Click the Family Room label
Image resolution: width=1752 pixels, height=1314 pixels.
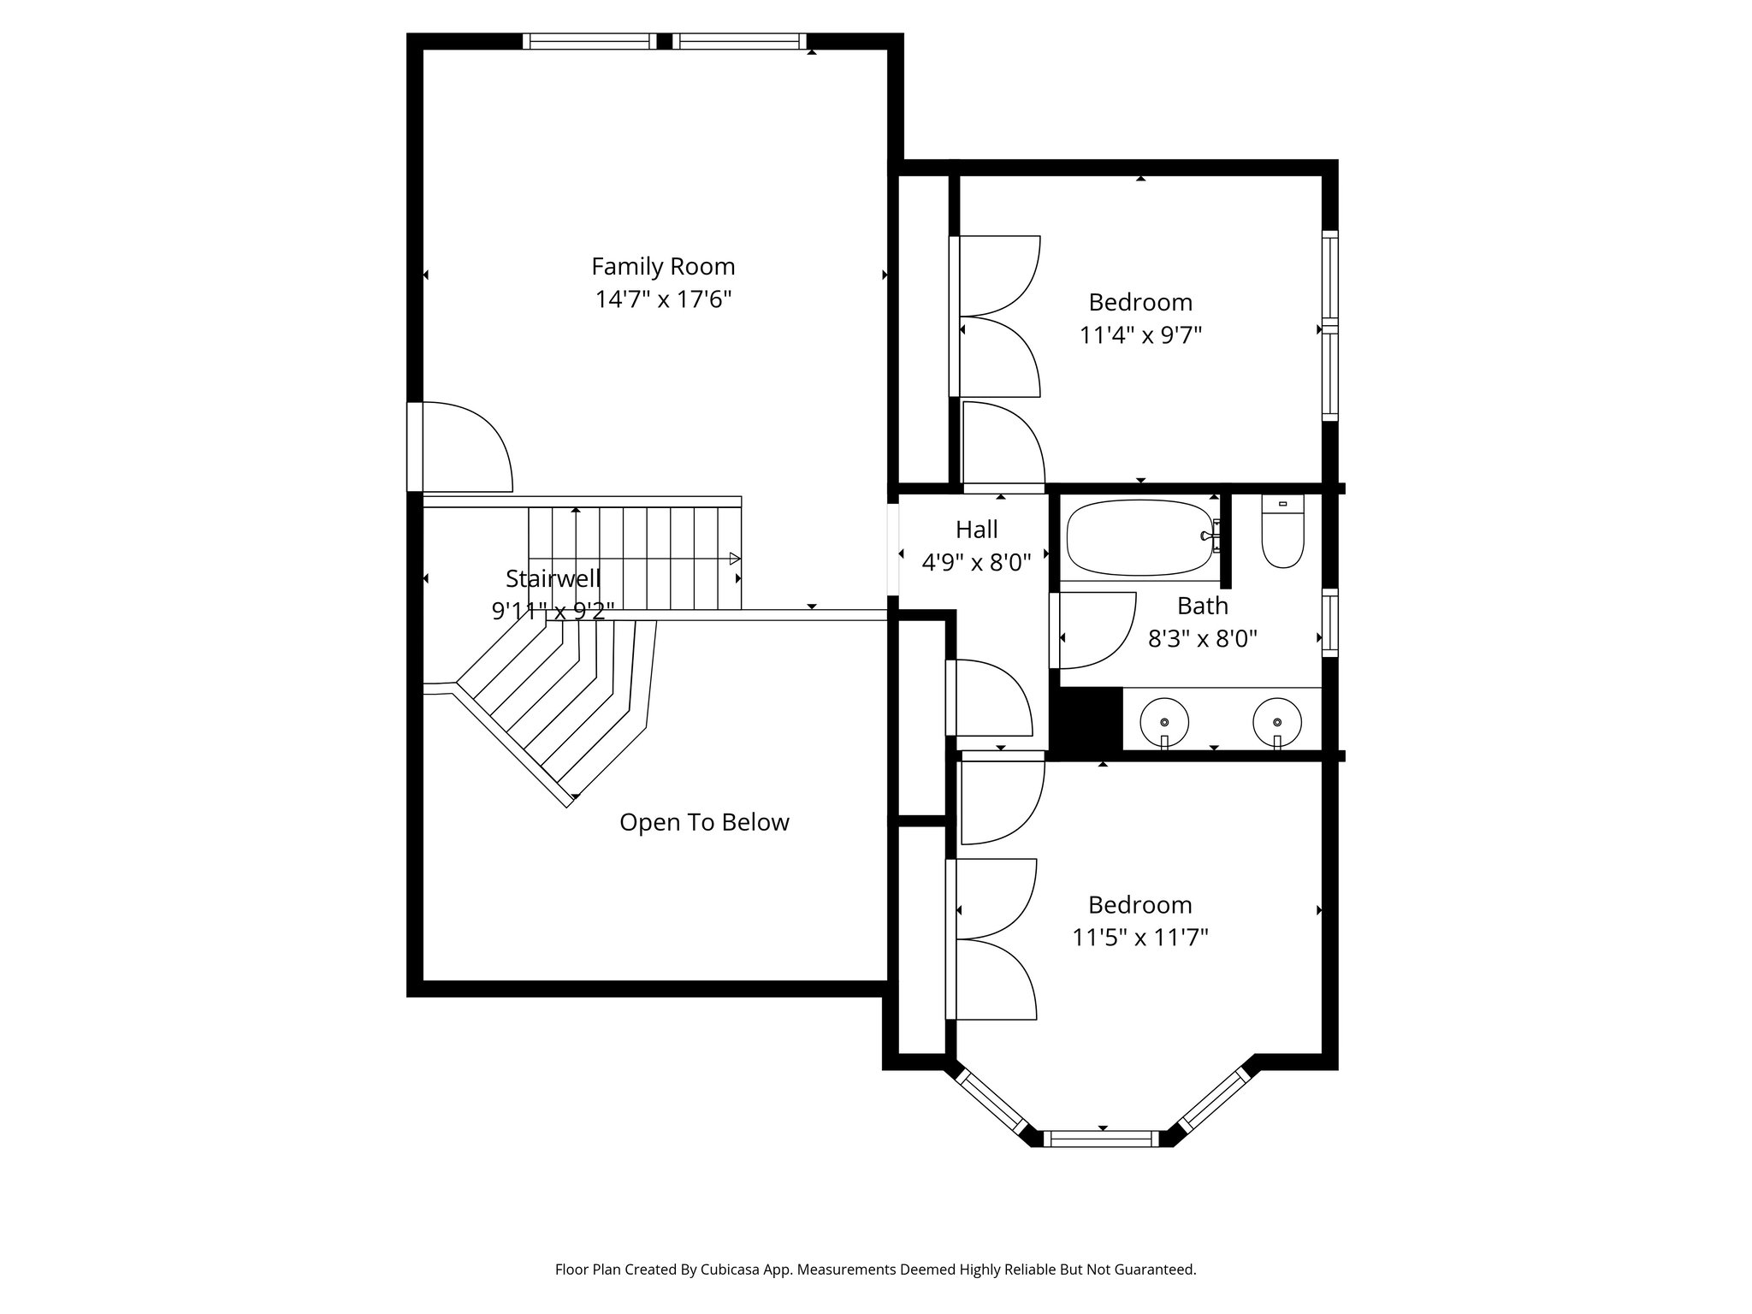coord(663,267)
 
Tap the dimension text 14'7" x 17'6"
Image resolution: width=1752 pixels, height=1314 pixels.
coord(663,300)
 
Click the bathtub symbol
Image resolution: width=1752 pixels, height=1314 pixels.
coord(1141,537)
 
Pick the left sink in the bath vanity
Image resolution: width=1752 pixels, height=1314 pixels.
coord(1164,720)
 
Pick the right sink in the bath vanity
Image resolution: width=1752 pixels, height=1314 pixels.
coord(1276,720)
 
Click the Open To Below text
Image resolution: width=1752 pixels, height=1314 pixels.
coord(704,823)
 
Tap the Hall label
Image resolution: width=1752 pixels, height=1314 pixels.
coord(976,530)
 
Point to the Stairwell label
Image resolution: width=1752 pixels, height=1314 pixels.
coord(553,579)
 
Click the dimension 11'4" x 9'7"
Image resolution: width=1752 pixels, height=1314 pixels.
coord(1140,335)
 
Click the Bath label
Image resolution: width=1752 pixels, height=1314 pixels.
coord(1202,607)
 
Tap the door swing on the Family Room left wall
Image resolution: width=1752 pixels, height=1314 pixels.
coord(462,447)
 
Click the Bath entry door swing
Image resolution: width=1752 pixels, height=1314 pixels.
coord(1095,630)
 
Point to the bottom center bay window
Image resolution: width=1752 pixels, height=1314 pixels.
coord(1102,1138)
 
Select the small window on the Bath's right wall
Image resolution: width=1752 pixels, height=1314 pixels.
coord(1329,622)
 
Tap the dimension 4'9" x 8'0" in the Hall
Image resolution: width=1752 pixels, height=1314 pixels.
coord(976,563)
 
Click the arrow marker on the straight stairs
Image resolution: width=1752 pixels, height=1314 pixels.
coord(734,559)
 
